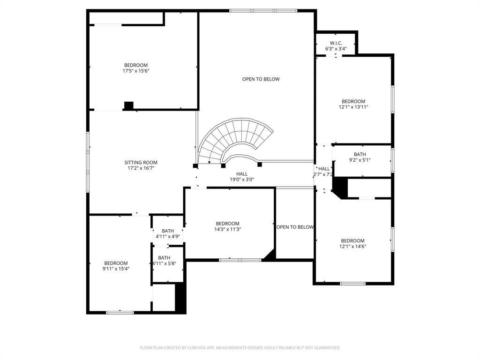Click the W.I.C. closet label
336,45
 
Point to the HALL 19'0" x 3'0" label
242,177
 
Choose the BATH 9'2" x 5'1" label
360,157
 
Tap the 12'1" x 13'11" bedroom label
353,104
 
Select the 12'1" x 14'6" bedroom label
352,243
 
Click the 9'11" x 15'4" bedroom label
116,266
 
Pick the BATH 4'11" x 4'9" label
168,233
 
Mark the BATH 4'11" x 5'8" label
164,261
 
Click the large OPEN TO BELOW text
261,79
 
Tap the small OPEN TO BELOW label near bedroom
295,227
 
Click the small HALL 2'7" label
324,172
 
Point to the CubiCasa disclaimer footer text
240,348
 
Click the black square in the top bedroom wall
128,105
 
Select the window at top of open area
263,10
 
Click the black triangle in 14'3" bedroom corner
270,255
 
